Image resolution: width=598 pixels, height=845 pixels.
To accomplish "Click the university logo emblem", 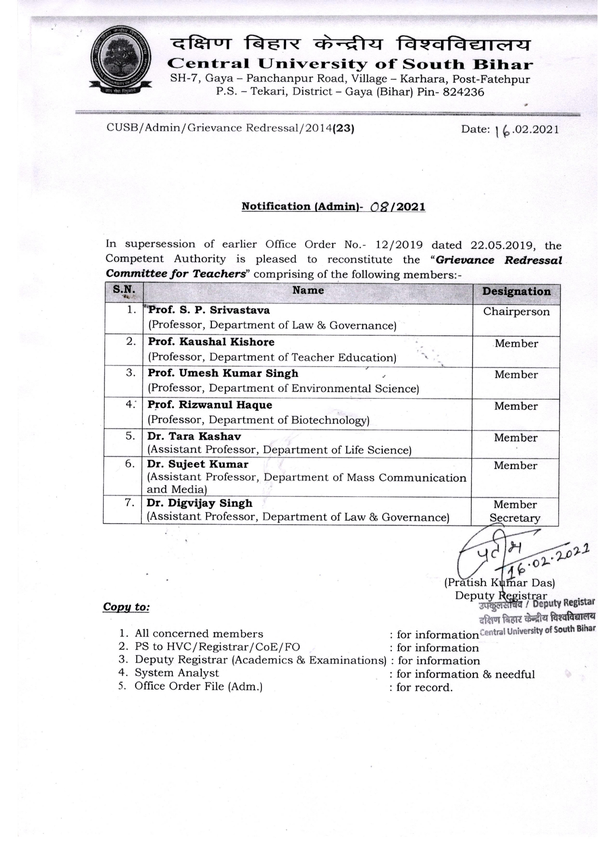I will click(120, 61).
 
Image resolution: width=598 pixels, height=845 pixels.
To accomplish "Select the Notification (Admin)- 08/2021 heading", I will click(333, 207).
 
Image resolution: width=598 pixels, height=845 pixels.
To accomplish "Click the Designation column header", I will click(516, 291).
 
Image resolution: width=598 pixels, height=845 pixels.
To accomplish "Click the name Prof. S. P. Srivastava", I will click(208, 310).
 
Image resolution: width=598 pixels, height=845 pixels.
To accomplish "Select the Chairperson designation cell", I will click(516, 312).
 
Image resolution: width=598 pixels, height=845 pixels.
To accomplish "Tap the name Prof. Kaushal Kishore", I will click(211, 342).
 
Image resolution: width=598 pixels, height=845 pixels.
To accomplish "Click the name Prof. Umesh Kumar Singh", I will click(223, 373).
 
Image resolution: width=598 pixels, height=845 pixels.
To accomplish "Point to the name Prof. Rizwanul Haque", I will click(210, 405).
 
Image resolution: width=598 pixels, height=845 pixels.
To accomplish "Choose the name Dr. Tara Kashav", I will click(194, 436).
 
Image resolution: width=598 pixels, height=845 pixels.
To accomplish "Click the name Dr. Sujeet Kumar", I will click(198, 464).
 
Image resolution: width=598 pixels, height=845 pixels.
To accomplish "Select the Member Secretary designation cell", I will click(515, 511).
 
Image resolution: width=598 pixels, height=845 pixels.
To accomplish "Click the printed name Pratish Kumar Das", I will click(499, 583).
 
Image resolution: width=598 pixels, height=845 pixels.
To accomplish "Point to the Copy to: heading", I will click(126, 607).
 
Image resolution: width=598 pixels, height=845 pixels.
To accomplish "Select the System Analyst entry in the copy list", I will click(176, 673).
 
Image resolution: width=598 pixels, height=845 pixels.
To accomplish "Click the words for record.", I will click(424, 687).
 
